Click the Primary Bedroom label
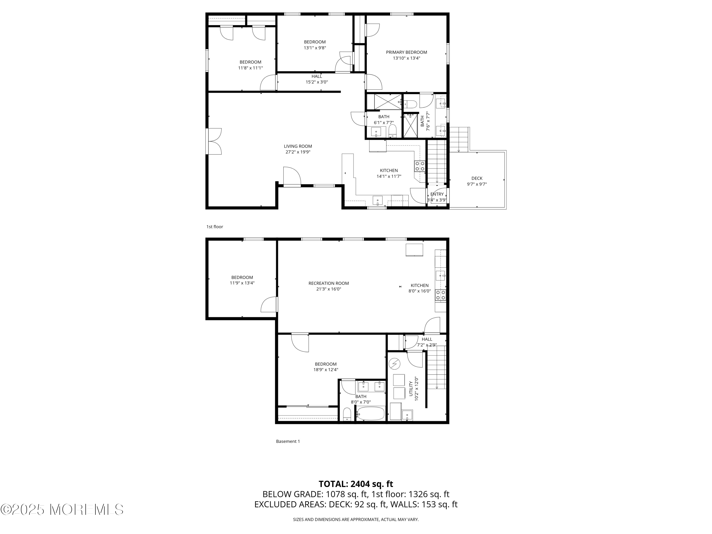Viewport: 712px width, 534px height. pos(406,52)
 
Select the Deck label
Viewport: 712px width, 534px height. pos(477,178)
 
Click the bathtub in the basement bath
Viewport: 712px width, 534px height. pos(370,413)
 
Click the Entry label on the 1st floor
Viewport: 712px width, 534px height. pos(437,194)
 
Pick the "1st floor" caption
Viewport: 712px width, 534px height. pos(215,227)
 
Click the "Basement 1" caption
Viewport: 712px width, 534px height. pos(288,441)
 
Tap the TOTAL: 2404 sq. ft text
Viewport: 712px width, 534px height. pos(356,484)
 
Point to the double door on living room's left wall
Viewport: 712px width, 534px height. pos(214,141)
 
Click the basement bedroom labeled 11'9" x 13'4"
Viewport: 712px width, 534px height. pos(242,280)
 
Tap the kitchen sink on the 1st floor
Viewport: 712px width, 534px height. pos(378,201)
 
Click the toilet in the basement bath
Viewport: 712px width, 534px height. pos(347,414)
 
